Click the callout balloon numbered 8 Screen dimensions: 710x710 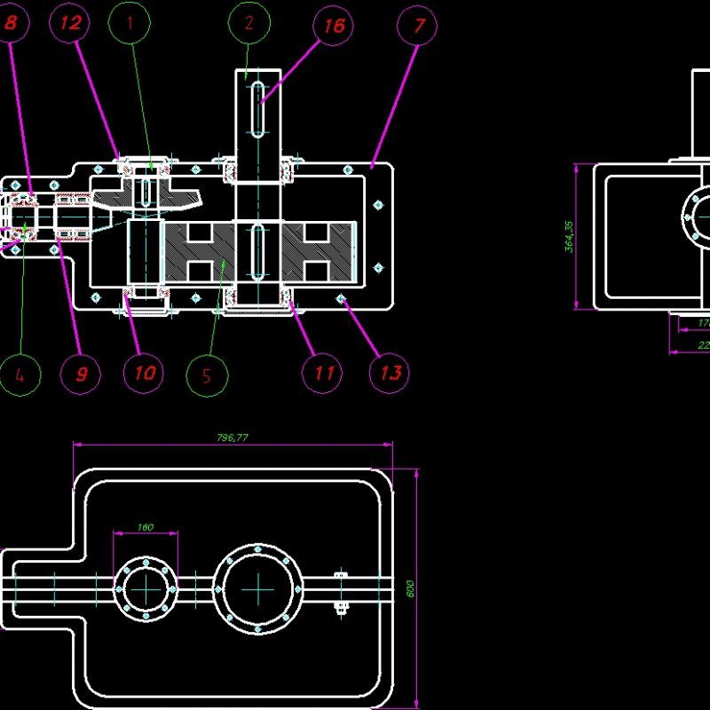click(x=11, y=24)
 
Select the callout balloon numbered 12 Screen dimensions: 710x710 click(x=71, y=24)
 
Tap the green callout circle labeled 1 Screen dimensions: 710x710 click(x=130, y=24)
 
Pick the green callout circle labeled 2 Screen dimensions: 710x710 click(x=248, y=24)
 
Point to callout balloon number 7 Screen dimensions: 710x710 click(x=418, y=26)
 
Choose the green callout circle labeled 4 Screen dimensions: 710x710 click(x=20, y=374)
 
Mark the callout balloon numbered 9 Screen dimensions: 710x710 click(x=81, y=374)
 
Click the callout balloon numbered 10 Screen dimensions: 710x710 click(x=144, y=373)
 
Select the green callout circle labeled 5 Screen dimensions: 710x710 click(x=207, y=374)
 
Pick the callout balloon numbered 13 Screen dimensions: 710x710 click(x=389, y=373)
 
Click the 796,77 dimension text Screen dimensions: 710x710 click(x=233, y=437)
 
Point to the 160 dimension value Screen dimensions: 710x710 click(x=146, y=527)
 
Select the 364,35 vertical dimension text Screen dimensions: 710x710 click(x=569, y=236)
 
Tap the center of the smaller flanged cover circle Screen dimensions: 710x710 click(x=146, y=588)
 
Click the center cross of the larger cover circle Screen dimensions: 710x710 click(x=258, y=588)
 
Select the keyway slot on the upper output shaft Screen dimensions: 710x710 click(x=257, y=109)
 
